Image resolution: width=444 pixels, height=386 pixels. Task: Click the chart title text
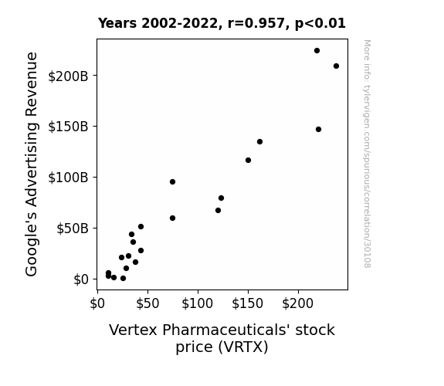coord(222,23)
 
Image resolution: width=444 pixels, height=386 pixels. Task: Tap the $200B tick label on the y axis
coord(68,76)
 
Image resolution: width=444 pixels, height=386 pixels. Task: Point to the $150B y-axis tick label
coord(68,127)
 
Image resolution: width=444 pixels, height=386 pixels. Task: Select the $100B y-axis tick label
coord(68,178)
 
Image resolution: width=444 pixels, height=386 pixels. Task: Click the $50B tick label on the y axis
coord(73,229)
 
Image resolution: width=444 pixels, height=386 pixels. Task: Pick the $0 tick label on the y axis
coord(81,279)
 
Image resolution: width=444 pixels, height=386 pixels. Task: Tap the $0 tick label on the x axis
coord(97,303)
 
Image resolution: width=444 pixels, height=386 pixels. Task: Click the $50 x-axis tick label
coord(147,303)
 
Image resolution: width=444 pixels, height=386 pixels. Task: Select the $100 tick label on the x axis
coord(198,303)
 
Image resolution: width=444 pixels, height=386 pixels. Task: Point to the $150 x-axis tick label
coord(248,303)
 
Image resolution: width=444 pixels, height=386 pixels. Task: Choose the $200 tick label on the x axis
coord(297,303)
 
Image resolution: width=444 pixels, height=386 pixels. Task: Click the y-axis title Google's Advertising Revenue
coord(32,164)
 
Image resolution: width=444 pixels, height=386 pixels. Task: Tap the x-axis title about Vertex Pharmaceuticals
coord(222,338)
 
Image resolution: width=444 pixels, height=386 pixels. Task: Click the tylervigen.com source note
coord(367,154)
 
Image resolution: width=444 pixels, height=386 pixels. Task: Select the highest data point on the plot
coord(317,51)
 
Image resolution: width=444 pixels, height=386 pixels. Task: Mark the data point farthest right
coord(336,66)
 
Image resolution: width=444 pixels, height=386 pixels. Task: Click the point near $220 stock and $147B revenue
coord(318,130)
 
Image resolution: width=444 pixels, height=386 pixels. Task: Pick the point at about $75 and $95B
coord(172,182)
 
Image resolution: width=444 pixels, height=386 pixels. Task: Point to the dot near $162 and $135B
coord(259,141)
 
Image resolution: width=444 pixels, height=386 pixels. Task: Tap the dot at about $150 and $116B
coord(248,161)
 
